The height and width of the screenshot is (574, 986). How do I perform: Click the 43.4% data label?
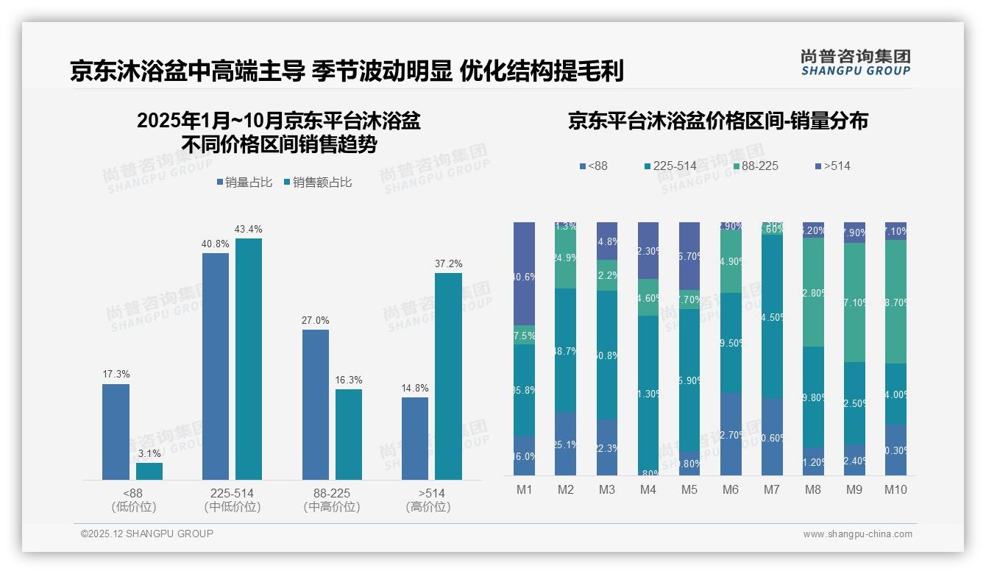click(248, 230)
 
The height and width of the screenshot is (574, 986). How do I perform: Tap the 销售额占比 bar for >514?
click(448, 376)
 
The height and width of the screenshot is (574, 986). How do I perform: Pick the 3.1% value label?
click(149, 454)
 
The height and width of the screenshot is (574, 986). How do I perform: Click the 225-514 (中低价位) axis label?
click(232, 500)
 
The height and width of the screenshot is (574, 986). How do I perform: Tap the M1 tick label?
click(525, 490)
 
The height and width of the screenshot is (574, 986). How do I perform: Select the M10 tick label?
click(895, 490)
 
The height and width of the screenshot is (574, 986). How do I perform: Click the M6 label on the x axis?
click(730, 490)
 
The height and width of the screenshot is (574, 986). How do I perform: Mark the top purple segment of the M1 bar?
click(525, 273)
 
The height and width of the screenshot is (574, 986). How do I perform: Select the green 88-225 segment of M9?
click(854, 302)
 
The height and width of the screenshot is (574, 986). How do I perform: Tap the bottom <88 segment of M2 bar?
click(565, 444)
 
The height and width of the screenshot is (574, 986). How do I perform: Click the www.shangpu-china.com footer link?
click(857, 534)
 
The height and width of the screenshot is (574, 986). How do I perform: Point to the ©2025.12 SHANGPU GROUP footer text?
click(147, 534)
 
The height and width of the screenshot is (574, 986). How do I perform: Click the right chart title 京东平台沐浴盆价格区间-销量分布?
click(717, 121)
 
